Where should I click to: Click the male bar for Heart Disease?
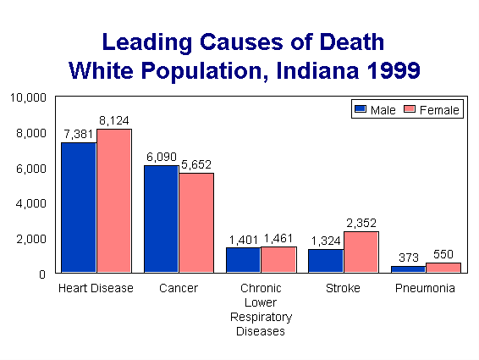78,208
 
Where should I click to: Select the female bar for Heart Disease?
113,201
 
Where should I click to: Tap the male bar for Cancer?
161,219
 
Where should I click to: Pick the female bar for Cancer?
195,223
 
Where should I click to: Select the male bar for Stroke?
325,261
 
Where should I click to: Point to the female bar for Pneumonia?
443,268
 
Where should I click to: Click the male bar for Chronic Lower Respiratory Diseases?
243,260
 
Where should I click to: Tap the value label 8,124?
113,120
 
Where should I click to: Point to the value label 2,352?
361,223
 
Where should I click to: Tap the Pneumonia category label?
425,289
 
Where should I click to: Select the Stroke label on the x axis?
343,289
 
